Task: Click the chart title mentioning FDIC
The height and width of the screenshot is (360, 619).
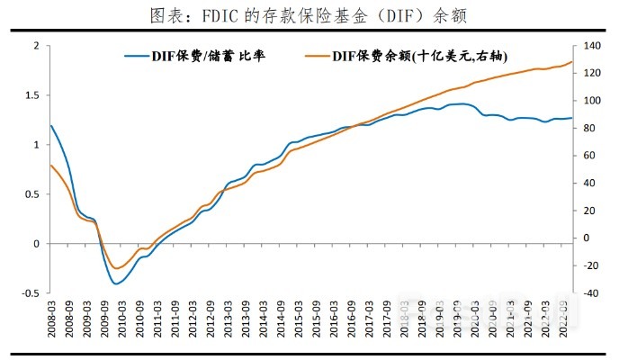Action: point(309,15)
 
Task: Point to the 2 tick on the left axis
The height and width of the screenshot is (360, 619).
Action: point(36,46)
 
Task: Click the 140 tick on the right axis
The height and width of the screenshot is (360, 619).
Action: point(590,46)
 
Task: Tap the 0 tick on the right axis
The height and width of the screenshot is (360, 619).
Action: point(585,238)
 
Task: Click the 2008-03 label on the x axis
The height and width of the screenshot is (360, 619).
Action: point(51,320)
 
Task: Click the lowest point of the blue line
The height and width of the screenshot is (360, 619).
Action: point(116,283)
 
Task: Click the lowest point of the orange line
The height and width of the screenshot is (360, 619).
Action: point(116,268)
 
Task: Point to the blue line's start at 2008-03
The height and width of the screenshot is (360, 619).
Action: point(51,126)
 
